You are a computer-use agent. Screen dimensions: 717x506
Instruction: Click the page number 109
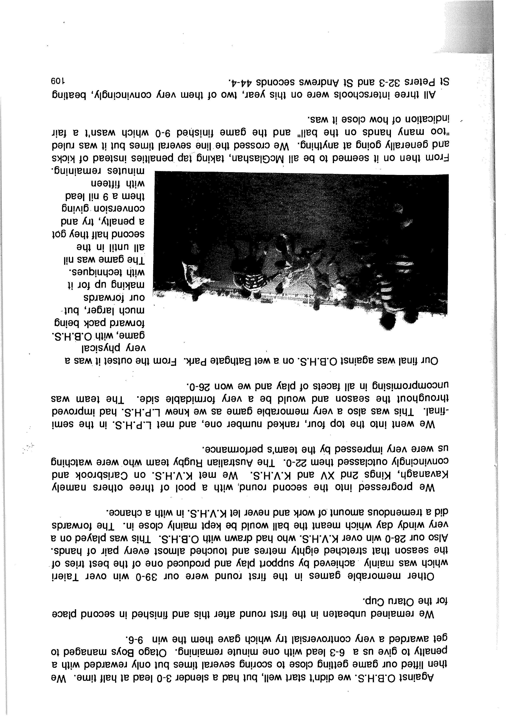coord(58,82)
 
